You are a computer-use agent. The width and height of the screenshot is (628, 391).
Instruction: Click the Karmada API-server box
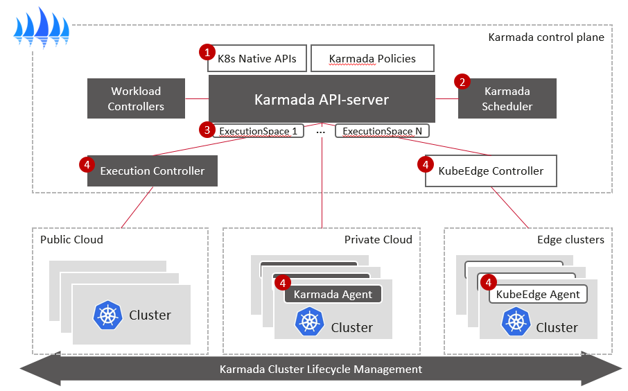[x=322, y=99]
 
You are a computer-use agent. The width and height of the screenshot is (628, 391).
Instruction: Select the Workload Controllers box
[x=137, y=98]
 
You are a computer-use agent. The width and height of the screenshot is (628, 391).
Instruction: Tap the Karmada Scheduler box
[x=507, y=98]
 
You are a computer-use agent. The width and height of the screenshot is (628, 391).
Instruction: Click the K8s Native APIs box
[x=257, y=59]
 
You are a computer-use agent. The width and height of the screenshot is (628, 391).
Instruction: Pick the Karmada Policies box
[x=372, y=59]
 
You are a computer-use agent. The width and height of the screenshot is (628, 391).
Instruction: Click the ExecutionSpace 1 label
[x=258, y=130]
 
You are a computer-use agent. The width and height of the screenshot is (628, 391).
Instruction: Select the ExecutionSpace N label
[x=382, y=130]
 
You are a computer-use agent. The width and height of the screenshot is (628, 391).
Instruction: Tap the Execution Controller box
[x=152, y=171]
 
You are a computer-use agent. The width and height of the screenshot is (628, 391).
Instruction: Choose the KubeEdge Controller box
[x=491, y=171]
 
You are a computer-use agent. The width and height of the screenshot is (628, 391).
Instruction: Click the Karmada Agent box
[x=333, y=294]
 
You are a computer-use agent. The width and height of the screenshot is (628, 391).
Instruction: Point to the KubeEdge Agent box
[x=538, y=294]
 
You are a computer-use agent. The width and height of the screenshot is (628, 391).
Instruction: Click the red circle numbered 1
[x=207, y=51]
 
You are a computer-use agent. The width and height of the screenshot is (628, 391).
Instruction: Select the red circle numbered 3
[x=205, y=129]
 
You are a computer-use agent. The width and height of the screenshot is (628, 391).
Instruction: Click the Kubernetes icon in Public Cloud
[x=107, y=315]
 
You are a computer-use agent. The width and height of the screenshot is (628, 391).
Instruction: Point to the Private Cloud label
[x=378, y=240]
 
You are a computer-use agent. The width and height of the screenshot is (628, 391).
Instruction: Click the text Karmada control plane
[x=546, y=37]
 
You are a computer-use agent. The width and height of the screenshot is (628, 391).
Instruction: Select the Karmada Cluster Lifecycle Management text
[x=320, y=369]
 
